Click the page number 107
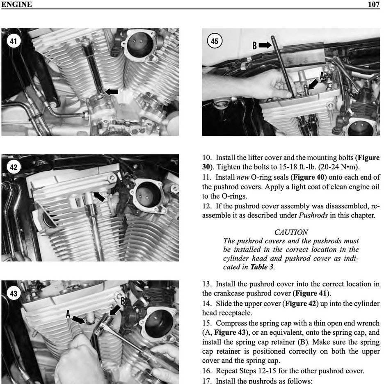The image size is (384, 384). [x=373, y=4]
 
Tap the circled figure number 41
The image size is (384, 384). [x=14, y=41]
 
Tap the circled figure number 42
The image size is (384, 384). [x=14, y=167]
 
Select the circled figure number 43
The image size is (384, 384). [x=14, y=293]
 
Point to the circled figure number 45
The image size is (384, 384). [x=215, y=41]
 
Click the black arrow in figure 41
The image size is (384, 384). [x=112, y=91]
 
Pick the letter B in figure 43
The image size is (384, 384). [x=122, y=301]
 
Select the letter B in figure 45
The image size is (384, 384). [x=254, y=46]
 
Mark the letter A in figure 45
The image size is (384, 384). [x=322, y=76]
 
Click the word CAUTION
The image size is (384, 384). [x=291, y=233]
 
